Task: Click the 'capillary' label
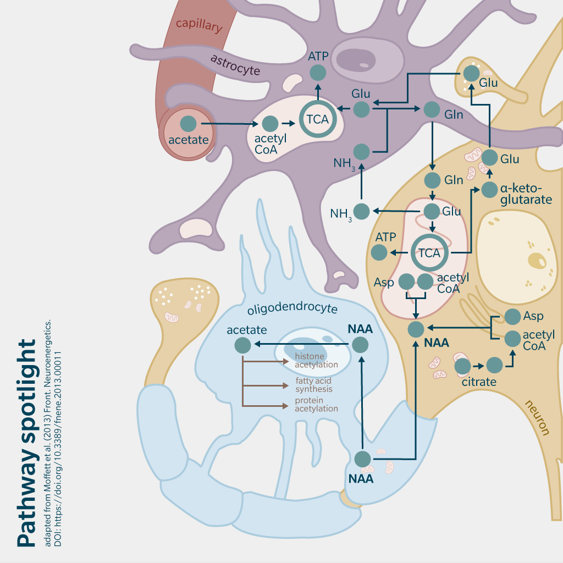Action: (x=199, y=25)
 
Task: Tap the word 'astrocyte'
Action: (x=235, y=65)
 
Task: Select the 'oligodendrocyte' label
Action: (x=292, y=308)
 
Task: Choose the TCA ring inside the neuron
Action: (x=429, y=253)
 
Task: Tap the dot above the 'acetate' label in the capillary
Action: (x=189, y=124)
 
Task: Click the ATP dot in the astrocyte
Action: (x=318, y=73)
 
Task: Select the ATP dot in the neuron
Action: (x=379, y=253)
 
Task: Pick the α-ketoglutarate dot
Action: (x=489, y=190)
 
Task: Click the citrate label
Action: (x=479, y=382)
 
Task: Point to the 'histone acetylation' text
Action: (x=316, y=361)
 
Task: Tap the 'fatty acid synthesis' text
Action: (x=314, y=385)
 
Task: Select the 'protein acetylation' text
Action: (x=316, y=404)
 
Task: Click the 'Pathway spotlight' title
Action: (x=26, y=443)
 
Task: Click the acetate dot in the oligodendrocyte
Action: (x=242, y=345)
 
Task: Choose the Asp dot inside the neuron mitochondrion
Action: (x=406, y=282)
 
